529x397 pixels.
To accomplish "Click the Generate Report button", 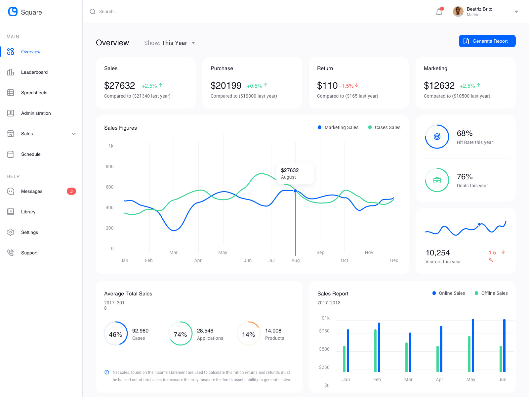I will (x=487, y=41).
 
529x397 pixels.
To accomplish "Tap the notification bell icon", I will (x=439, y=12).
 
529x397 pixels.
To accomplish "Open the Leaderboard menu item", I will (x=34, y=72).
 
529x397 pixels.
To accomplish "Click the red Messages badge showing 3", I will (x=71, y=191).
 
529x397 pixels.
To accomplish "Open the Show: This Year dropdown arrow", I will (x=193, y=43).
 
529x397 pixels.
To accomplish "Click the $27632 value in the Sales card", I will (x=119, y=86).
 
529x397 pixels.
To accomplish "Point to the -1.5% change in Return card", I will (x=347, y=86).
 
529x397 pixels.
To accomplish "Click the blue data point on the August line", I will (x=295, y=191).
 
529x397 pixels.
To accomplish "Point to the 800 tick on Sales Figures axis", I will (x=110, y=166).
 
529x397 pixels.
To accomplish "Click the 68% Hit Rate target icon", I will (x=437, y=136).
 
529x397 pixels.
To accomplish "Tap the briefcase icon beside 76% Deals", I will (x=437, y=180).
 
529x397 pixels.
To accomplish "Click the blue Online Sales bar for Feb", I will (x=379, y=347).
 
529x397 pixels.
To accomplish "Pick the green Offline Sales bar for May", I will (x=469, y=354).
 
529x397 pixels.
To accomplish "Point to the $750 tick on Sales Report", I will (x=324, y=331).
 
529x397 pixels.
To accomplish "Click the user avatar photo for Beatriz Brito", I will (x=458, y=12).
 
